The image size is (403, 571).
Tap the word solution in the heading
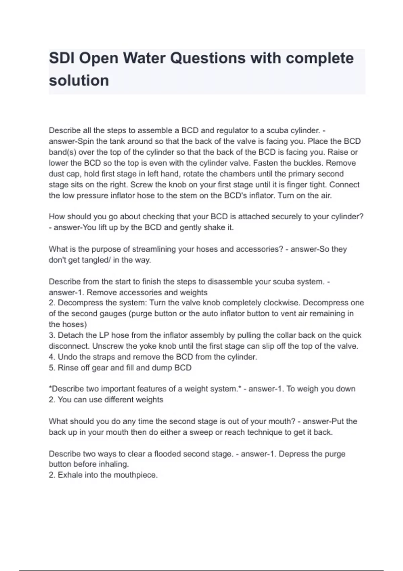click(79, 81)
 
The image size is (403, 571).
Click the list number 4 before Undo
click(51, 357)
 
